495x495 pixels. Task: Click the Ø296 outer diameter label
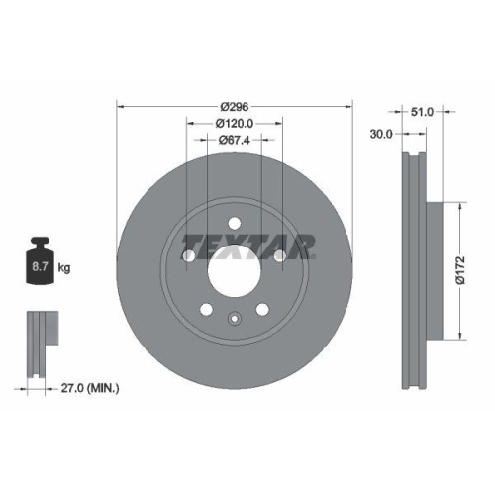[x=235, y=106]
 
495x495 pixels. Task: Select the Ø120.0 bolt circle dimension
[x=235, y=123]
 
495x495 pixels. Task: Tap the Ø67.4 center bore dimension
[x=235, y=140]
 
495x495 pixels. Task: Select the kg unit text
[x=64, y=267]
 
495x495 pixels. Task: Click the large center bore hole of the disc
[x=235, y=268]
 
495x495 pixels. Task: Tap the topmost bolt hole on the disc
[x=235, y=221]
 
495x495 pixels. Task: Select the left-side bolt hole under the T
[x=189, y=257]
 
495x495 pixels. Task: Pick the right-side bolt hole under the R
[x=280, y=257]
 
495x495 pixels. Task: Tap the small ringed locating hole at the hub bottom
[x=235, y=318]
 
